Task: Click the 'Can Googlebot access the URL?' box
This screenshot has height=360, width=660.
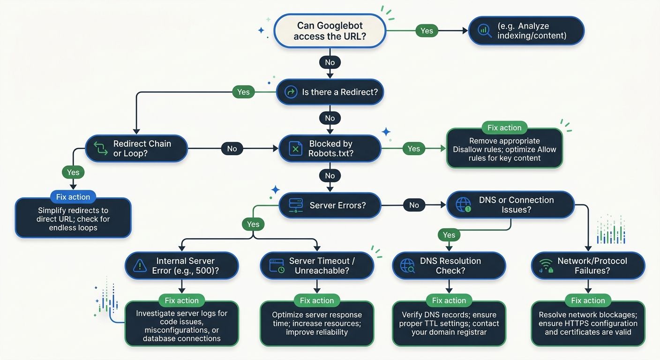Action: [330, 31]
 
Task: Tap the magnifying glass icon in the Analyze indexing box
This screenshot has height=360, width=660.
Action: [484, 30]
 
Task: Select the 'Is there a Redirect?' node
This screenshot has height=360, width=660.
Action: [330, 92]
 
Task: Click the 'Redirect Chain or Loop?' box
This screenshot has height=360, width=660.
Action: [136, 149]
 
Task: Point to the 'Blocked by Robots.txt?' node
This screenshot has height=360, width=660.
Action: [330, 149]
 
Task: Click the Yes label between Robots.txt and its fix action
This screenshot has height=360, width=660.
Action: [413, 149]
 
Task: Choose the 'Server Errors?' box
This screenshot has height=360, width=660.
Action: [330, 205]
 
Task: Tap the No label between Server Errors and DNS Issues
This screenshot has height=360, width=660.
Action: [413, 205]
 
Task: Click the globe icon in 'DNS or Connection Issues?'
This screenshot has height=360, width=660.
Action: [463, 205]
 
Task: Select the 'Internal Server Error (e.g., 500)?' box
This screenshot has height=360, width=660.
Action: [181, 266]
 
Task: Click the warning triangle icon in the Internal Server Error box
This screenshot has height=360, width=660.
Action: [140, 266]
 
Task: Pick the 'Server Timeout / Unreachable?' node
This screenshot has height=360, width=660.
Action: [317, 266]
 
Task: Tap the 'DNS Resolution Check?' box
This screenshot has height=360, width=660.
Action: [449, 266]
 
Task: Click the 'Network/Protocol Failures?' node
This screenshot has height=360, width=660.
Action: [588, 266]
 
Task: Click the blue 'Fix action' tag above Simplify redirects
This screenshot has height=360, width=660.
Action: [73, 197]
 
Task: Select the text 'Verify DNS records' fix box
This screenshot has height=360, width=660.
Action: [449, 323]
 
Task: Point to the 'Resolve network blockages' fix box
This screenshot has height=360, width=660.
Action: [588, 323]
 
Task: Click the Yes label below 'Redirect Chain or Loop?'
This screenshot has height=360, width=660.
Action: [73, 172]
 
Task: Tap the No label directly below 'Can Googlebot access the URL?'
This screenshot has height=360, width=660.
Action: [330, 62]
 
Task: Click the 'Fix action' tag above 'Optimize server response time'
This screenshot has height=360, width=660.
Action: [317, 300]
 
